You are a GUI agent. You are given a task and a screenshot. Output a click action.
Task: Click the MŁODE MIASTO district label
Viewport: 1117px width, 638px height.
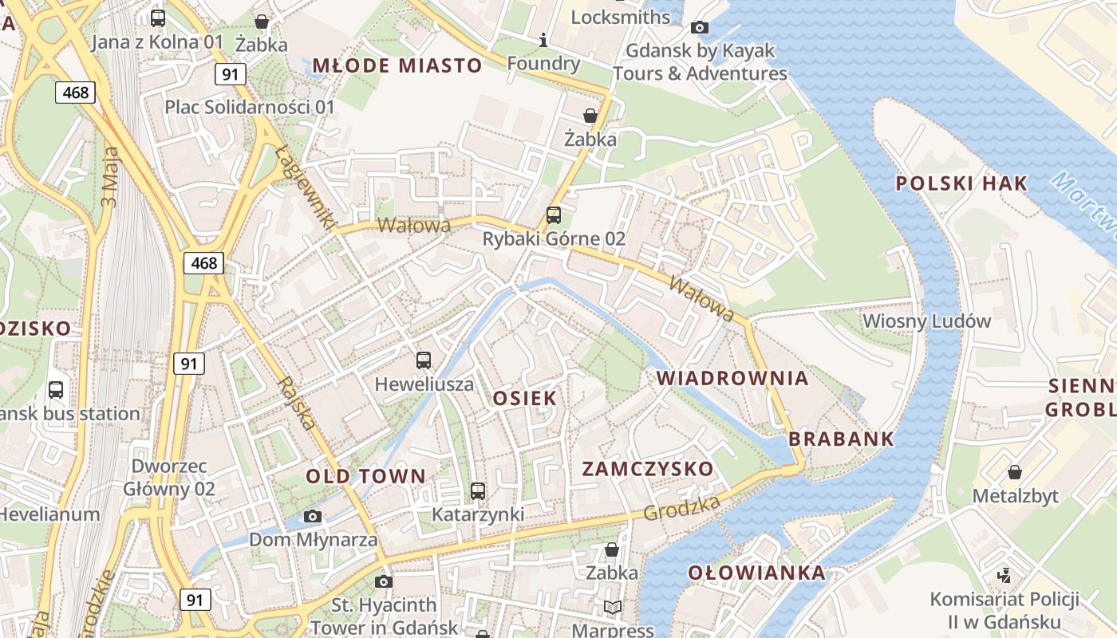pos(397,65)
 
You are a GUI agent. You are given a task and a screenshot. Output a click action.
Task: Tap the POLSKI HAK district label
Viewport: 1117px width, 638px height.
pos(961,183)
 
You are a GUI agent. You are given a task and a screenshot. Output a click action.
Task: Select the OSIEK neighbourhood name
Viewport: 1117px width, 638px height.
pos(524,398)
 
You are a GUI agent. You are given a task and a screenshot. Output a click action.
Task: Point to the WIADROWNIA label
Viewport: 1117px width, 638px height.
pos(732,378)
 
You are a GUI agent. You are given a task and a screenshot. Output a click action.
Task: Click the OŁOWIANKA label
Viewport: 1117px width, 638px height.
pos(756,573)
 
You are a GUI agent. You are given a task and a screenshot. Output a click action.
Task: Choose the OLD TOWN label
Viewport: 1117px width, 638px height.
pos(366,477)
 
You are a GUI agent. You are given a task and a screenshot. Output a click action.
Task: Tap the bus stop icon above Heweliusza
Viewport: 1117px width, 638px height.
pos(424,360)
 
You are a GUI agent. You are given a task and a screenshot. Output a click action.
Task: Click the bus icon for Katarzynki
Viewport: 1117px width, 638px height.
pos(478,491)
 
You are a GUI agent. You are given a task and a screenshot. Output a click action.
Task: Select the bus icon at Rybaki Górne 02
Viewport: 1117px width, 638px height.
pos(553,215)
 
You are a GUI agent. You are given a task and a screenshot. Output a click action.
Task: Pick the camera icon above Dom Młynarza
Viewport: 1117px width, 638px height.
pos(313,516)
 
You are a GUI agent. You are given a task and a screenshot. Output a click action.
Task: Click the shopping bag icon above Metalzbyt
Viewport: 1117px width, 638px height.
pos(1015,472)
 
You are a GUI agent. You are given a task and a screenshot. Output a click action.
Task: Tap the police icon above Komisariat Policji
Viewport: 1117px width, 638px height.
pos(1005,574)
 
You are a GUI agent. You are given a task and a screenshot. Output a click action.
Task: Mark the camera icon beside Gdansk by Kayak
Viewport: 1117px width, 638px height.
pos(700,28)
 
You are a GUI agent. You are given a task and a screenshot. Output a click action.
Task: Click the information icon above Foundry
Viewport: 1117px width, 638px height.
pos(543,40)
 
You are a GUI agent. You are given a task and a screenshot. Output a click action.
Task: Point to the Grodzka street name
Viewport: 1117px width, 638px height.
pos(682,507)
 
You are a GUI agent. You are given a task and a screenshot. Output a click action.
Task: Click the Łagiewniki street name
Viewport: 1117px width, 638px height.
pos(305,188)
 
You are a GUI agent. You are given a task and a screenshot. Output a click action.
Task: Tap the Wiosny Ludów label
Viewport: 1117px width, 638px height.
pos(926,321)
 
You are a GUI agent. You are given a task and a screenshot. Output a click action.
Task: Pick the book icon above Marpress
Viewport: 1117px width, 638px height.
pos(612,608)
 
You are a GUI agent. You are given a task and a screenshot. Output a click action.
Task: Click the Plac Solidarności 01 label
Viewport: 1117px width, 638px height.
pos(250,107)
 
